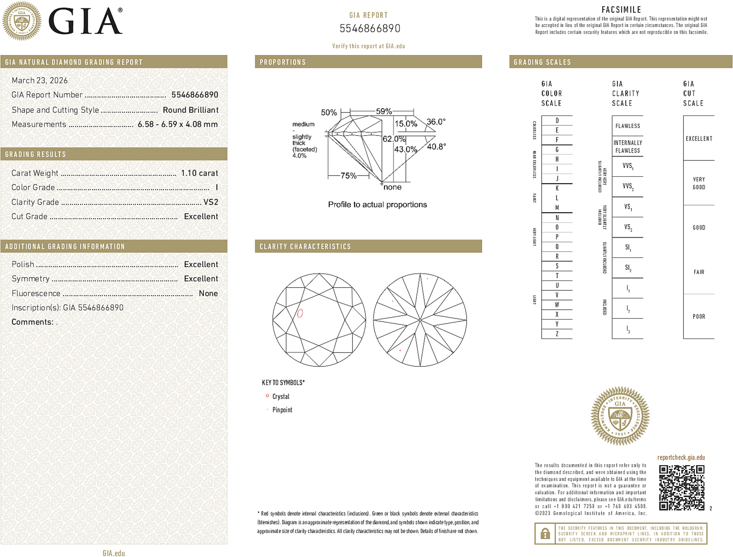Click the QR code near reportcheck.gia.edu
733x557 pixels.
pyautogui.click(x=681, y=488)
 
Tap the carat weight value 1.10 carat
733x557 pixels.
pyautogui.click(x=199, y=173)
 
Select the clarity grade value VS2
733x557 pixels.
pyautogui.click(x=211, y=202)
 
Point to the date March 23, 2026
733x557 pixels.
pyautogui.click(x=40, y=80)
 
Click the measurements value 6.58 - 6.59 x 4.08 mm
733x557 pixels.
pyautogui.click(x=177, y=124)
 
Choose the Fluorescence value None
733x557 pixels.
pyautogui.click(x=208, y=293)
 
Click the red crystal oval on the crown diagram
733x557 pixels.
pyautogui.click(x=300, y=313)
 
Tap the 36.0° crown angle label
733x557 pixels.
pyautogui.click(x=436, y=122)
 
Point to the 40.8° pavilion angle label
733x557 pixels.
pyautogui.click(x=436, y=146)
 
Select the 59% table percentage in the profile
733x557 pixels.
pyautogui.click(x=384, y=111)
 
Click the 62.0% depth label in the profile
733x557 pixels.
pyautogui.click(x=394, y=139)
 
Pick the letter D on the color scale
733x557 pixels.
pyautogui.click(x=557, y=121)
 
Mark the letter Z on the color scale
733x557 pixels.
pyautogui.click(x=557, y=334)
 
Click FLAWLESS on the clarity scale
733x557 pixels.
pyautogui.click(x=627, y=126)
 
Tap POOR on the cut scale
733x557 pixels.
pyautogui.click(x=699, y=316)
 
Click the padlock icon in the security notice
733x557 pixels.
pyautogui.click(x=545, y=533)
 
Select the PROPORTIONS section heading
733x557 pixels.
pyautogui.click(x=283, y=62)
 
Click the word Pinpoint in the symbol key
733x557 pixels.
pyautogui.click(x=282, y=410)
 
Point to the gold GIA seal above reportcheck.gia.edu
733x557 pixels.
pyautogui.click(x=620, y=416)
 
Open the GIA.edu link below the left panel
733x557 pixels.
pyautogui.click(x=113, y=553)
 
